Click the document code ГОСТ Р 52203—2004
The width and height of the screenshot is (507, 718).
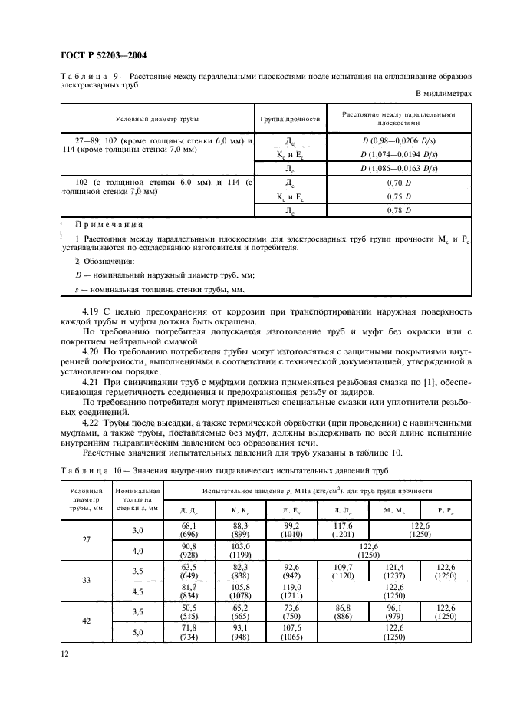point(103,55)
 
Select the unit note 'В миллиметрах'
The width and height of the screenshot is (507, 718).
point(444,93)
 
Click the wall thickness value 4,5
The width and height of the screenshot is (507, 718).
point(138,591)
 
